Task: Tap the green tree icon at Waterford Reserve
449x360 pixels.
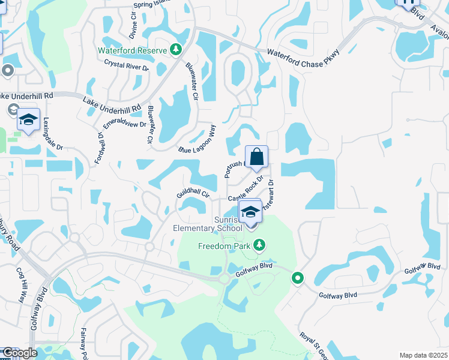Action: [x=176, y=50]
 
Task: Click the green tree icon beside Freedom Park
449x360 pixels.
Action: [x=259, y=245]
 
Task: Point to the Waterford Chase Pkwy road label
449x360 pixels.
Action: [x=304, y=60]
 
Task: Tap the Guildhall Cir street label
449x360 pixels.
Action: [x=192, y=195]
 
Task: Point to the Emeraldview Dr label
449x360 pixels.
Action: [x=125, y=120]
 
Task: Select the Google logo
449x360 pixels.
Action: [x=19, y=353]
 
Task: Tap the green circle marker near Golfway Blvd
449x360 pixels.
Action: [x=297, y=278]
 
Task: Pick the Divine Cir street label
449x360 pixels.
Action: [x=134, y=24]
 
